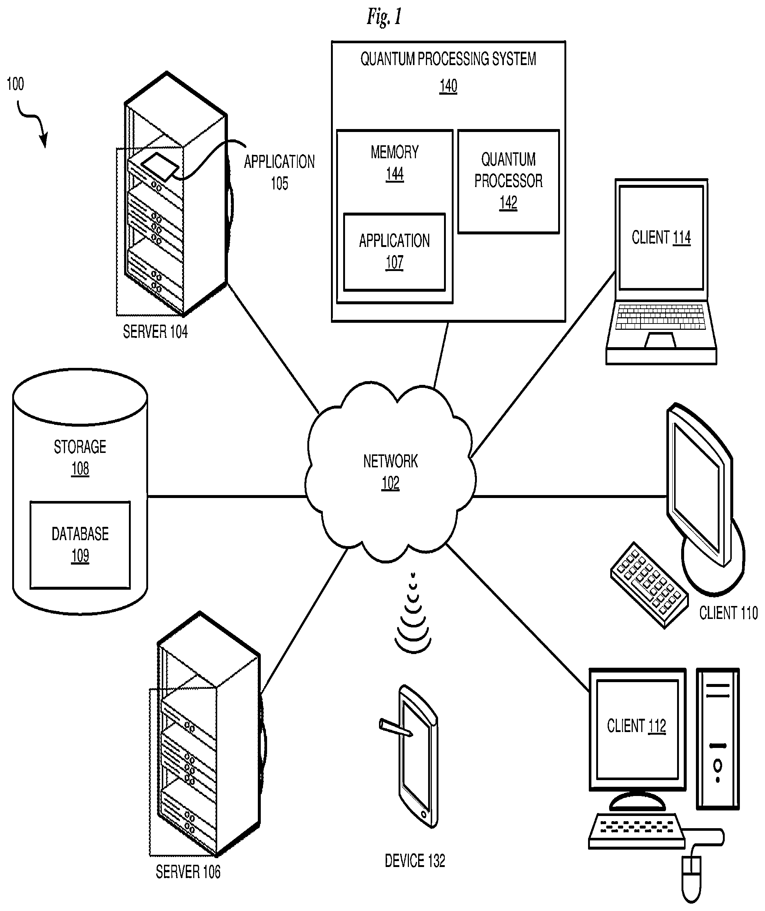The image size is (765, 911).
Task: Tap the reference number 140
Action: [x=448, y=86]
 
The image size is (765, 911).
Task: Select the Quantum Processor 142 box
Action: [x=508, y=182]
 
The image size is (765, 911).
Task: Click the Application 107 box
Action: [x=394, y=252]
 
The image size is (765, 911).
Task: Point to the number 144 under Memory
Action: [x=395, y=174]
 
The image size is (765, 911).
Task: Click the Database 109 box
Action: [x=80, y=545]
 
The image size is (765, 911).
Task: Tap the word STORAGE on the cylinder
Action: [x=80, y=447]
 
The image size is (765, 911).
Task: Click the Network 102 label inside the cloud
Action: [x=390, y=472]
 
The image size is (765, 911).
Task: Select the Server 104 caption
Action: [x=155, y=332]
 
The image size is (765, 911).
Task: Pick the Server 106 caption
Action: [x=188, y=872]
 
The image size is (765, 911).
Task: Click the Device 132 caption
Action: [x=415, y=861]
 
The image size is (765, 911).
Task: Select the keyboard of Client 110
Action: [x=649, y=585]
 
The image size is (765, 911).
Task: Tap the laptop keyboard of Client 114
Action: [x=660, y=317]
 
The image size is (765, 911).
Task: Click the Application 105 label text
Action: [x=279, y=172]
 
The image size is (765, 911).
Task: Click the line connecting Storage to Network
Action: [x=227, y=496]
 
